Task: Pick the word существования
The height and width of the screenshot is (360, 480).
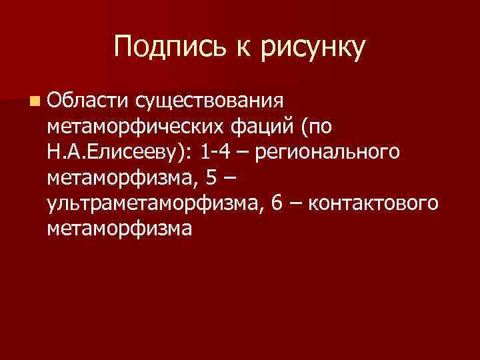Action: pyautogui.click(x=209, y=99)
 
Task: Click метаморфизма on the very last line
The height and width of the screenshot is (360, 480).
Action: pyautogui.click(x=120, y=229)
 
